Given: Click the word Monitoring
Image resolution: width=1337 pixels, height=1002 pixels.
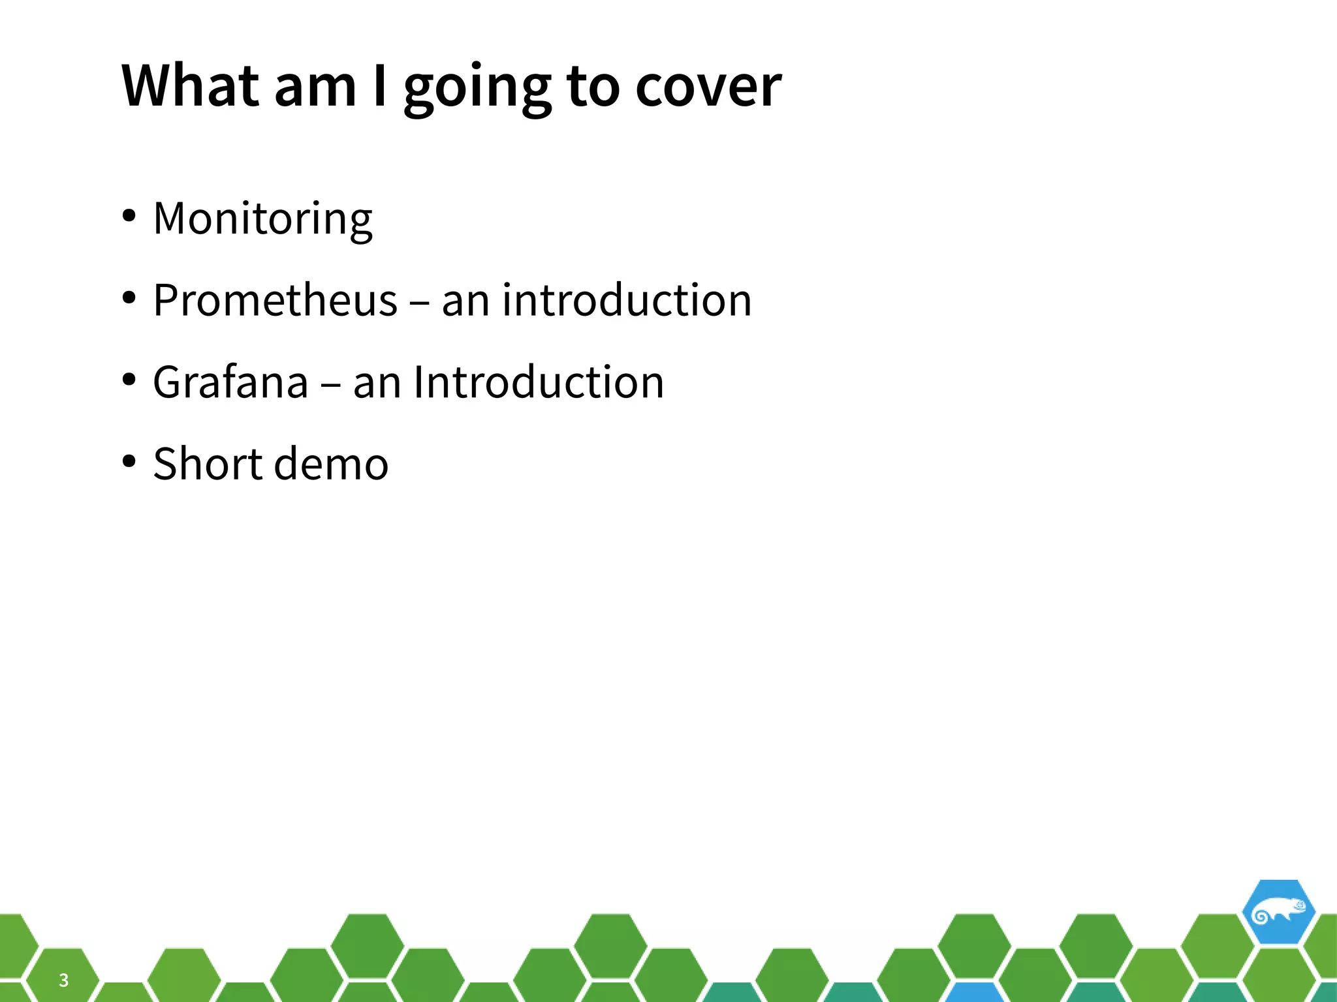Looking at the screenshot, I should coord(262,219).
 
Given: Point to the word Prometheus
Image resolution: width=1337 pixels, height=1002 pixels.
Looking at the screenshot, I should coord(275,301).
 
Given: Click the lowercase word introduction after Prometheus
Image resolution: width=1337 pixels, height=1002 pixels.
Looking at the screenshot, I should coord(627,301).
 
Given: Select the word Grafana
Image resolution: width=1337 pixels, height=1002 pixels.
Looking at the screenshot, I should coord(230,382).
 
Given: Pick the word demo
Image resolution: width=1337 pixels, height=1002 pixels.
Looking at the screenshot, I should coord(331,464).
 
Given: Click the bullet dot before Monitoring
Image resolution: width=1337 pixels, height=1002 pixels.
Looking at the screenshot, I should coord(129,216).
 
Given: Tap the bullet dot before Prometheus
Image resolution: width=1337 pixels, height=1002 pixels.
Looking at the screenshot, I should coord(129,297).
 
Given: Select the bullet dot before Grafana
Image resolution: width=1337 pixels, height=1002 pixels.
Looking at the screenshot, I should coord(129,379).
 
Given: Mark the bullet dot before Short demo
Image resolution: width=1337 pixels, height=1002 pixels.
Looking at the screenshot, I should coord(129,461).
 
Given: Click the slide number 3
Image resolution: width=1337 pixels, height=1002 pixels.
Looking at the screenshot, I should coord(63,980).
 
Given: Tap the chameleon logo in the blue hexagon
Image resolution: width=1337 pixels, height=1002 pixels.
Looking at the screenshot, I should coord(1278,912).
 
